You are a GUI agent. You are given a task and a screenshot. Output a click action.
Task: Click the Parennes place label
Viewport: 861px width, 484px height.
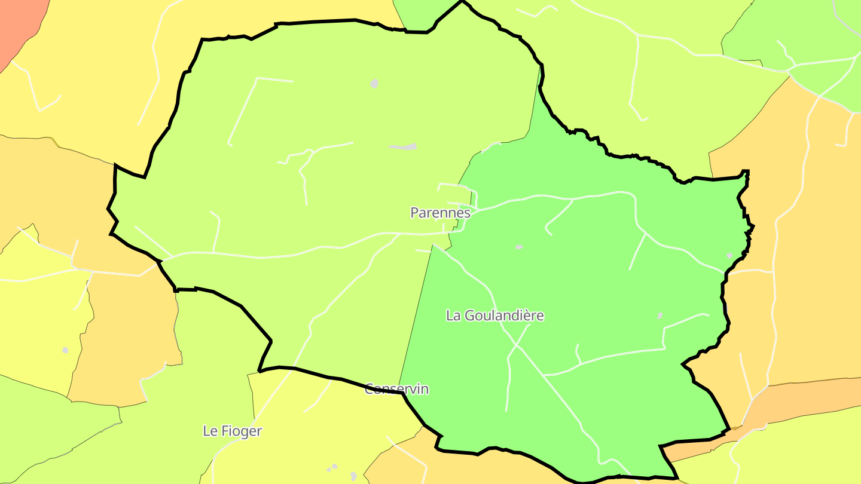click(x=440, y=212)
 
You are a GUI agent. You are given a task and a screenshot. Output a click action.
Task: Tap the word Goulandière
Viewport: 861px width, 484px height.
click(x=504, y=315)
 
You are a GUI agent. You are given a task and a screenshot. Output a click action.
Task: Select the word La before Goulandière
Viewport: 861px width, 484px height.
click(x=453, y=315)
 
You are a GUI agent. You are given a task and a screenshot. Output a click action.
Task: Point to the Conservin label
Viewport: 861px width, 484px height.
click(x=396, y=389)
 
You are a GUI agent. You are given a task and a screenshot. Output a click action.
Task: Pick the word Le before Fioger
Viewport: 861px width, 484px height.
click(x=210, y=431)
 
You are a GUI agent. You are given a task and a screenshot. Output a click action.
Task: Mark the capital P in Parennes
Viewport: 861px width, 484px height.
click(x=414, y=212)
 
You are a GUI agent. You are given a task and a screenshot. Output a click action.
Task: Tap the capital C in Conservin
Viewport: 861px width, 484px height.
click(x=370, y=389)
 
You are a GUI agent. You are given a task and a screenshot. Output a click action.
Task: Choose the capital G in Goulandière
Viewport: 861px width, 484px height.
click(x=468, y=315)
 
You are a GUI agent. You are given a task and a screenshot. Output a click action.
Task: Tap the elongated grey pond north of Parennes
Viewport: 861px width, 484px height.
click(x=404, y=146)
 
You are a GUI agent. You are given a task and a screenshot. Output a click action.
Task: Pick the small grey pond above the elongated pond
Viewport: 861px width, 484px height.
click(x=374, y=84)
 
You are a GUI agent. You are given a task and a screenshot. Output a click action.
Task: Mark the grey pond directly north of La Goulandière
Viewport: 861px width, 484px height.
click(x=519, y=247)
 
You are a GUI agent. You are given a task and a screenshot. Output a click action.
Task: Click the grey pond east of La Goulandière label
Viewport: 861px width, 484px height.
click(x=660, y=315)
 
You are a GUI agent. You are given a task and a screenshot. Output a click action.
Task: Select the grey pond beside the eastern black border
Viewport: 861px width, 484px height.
click(x=729, y=255)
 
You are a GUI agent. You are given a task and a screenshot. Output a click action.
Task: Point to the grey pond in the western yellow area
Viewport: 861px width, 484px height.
click(x=65, y=350)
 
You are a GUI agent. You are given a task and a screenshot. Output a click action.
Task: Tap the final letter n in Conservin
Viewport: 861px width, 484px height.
click(x=425, y=389)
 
